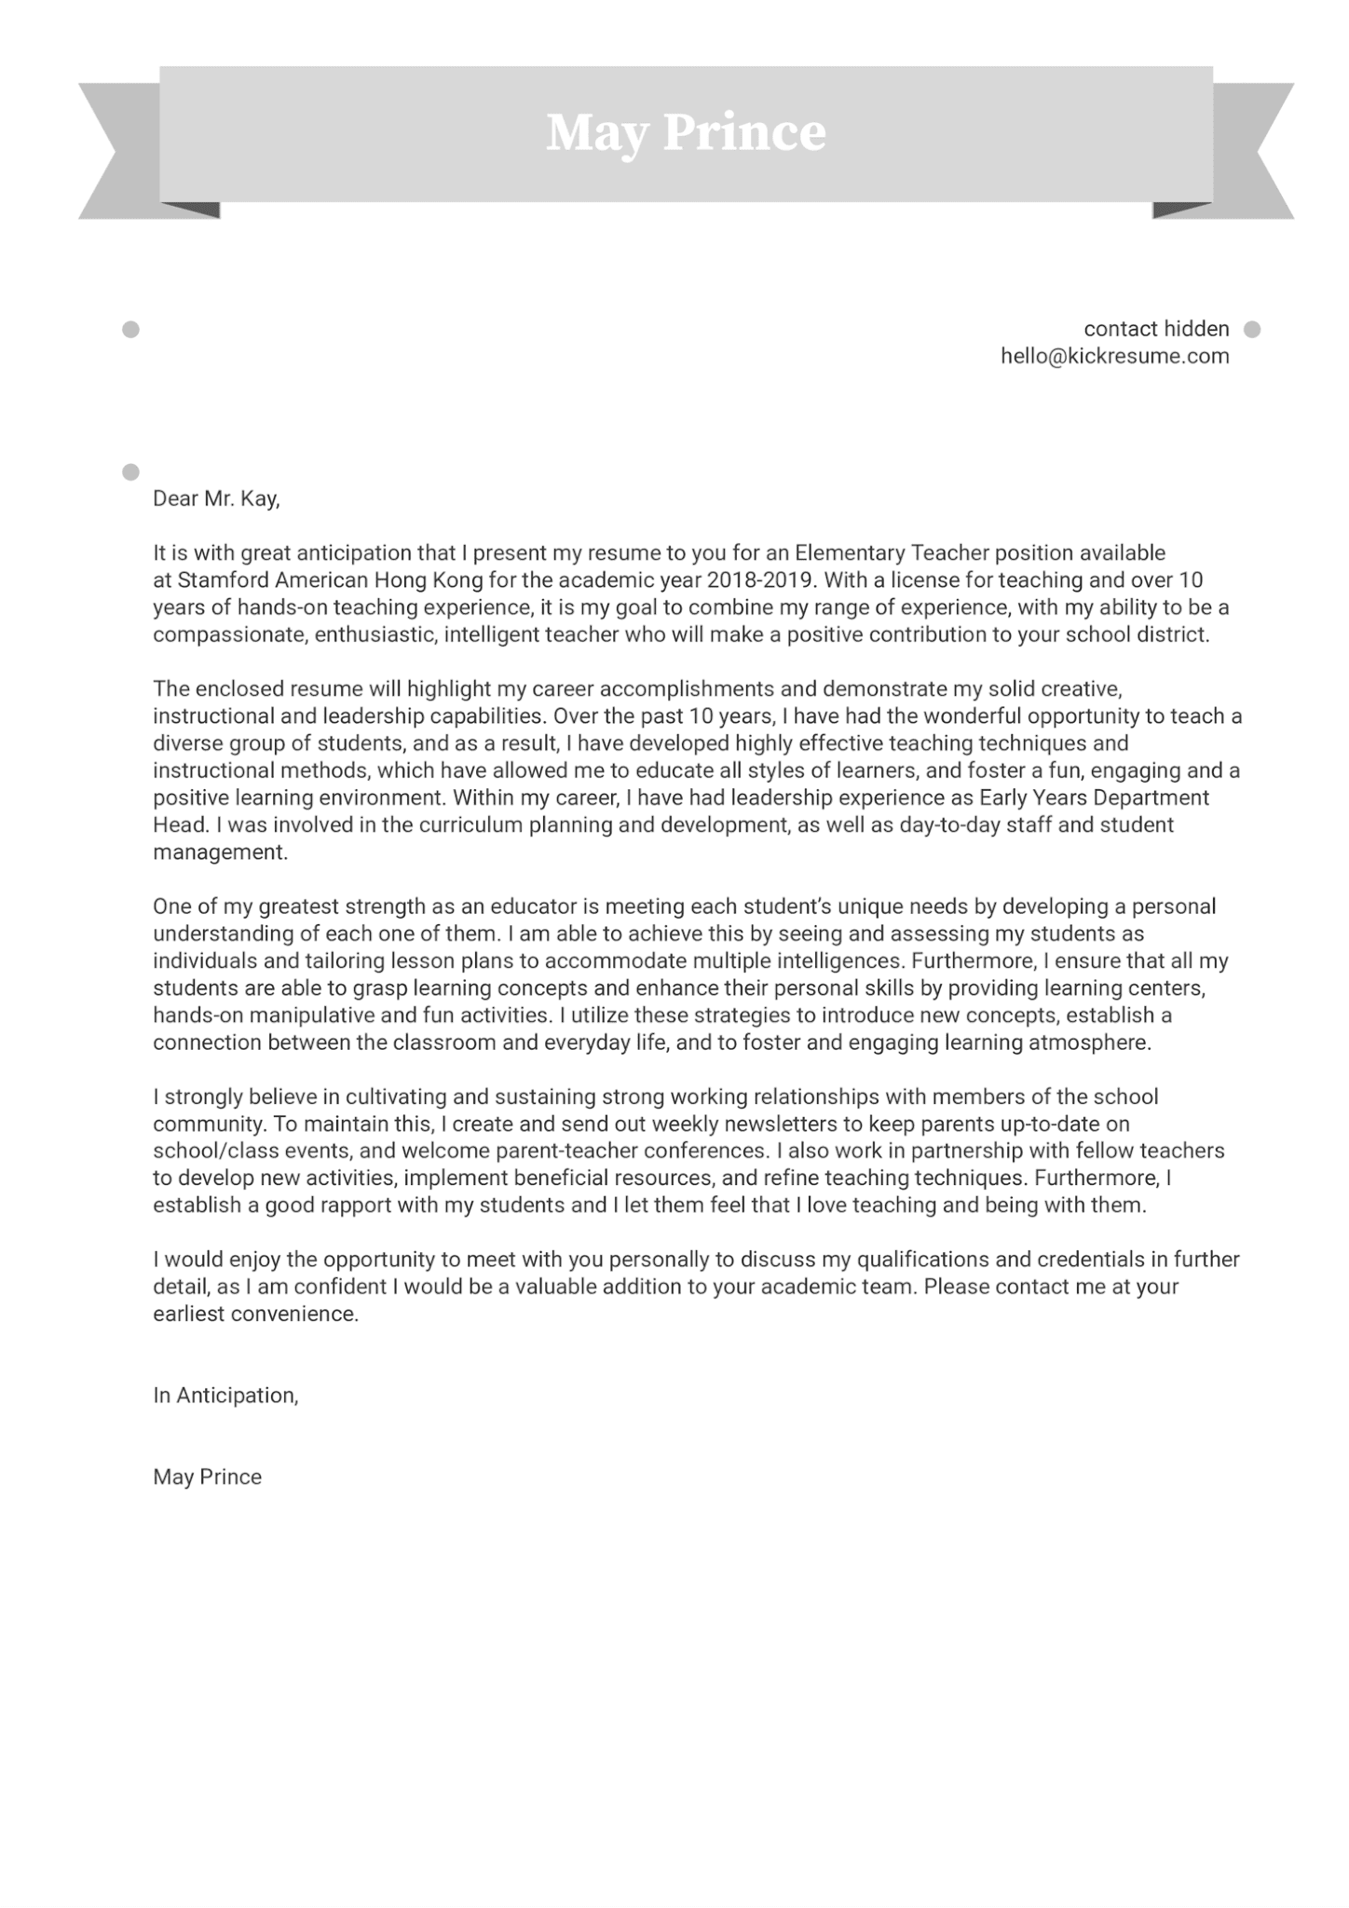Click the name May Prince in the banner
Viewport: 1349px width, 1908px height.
pos(686,132)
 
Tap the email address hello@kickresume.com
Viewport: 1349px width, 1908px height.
pos(1114,356)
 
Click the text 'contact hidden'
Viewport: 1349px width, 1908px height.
pos(1156,329)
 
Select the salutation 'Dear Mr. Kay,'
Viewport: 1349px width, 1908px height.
pos(216,498)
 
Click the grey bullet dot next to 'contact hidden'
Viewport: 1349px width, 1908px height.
pos(1252,329)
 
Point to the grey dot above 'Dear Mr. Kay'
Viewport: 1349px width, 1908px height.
pos(130,471)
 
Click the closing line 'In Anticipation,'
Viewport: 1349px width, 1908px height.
pos(225,1395)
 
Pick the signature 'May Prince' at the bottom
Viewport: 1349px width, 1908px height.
pos(207,1477)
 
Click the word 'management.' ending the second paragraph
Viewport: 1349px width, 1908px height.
pos(221,852)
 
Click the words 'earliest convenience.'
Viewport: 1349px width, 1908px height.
pos(255,1314)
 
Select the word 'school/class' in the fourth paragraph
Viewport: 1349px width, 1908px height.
pos(209,1152)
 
